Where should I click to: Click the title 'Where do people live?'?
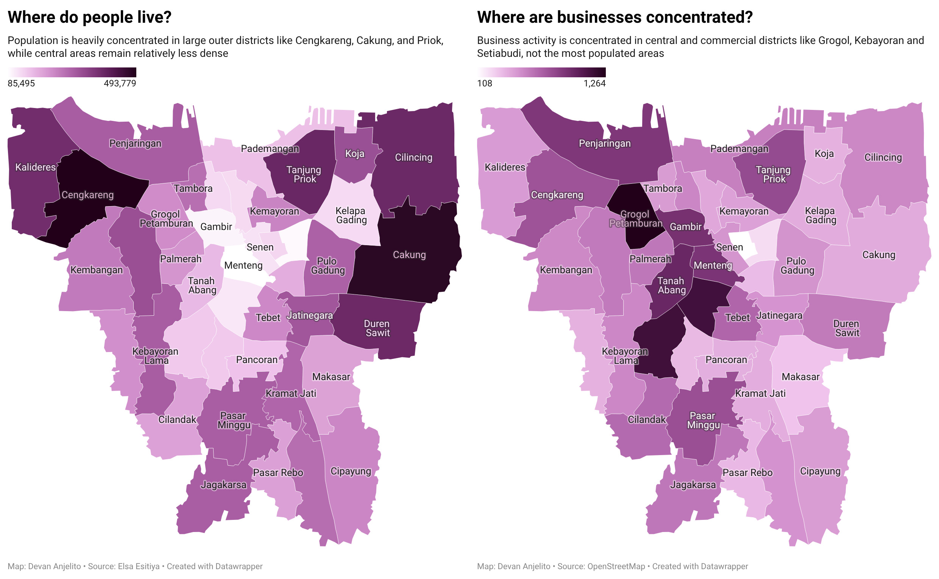tap(89, 17)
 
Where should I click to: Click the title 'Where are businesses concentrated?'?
tap(615, 17)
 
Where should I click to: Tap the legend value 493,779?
tap(120, 83)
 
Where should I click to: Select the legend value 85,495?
tap(22, 83)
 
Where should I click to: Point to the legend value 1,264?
tap(594, 83)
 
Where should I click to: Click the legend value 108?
tap(484, 83)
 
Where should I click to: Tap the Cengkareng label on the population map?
tap(87, 195)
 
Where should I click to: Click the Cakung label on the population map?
tap(409, 255)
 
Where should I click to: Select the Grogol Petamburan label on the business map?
tap(635, 219)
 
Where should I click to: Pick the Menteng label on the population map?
tap(243, 265)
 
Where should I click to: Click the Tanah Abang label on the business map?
tap(672, 285)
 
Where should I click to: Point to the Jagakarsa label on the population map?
tap(223, 485)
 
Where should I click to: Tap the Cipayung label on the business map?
tap(820, 471)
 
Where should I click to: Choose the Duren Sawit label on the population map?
tap(377, 328)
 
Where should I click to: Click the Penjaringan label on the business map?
tap(605, 143)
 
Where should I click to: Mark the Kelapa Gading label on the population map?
tap(351, 215)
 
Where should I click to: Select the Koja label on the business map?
tap(824, 153)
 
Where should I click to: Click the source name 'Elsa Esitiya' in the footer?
tap(139, 566)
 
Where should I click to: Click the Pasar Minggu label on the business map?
tap(703, 420)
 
